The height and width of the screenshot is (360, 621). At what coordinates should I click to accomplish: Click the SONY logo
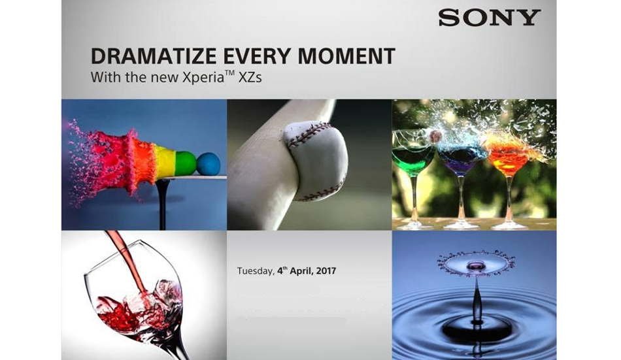pos(490,18)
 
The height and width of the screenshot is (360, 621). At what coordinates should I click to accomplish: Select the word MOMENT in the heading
pos(346,56)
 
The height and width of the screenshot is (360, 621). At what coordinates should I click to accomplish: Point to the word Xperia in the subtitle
pos(203,77)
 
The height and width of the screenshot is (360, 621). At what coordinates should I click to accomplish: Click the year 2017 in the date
pos(326,271)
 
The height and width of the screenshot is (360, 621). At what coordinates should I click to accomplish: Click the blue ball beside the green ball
pos(209,164)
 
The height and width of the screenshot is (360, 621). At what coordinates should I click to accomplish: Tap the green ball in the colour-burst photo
pos(186,163)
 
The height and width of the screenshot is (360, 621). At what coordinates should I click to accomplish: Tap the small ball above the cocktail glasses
pos(436,136)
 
